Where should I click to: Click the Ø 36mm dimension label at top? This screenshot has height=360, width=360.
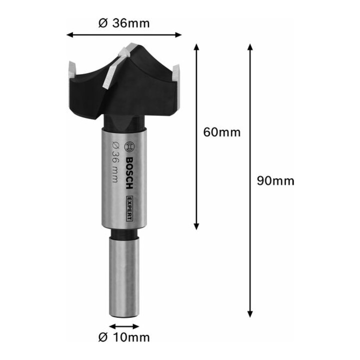coord(124,23)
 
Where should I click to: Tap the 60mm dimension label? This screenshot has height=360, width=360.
coord(222,132)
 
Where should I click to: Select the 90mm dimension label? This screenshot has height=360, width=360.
coord(275,181)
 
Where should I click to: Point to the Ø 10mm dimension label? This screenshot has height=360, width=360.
coord(124,337)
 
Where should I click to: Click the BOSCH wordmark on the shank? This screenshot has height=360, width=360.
coord(129,173)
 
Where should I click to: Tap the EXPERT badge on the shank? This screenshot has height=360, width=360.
coord(129,208)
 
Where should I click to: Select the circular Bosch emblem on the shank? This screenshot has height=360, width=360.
coord(129,146)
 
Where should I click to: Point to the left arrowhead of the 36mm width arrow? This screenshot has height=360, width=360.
coord(70,35)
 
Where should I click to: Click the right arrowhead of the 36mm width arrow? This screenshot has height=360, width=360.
coord(178,35)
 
